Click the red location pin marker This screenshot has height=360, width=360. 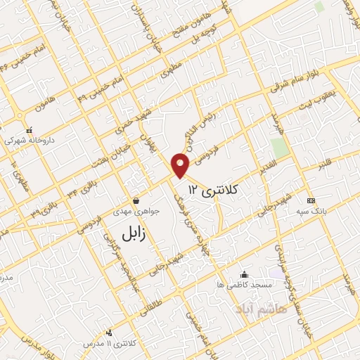tap(181, 165)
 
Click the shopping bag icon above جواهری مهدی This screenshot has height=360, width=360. tap(136, 200)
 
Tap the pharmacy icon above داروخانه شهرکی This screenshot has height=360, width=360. tap(29, 130)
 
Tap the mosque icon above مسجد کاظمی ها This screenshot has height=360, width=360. tap(244, 274)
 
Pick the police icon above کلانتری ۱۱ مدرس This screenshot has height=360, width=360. tap(109, 333)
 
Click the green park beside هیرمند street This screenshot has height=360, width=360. tap(280, 148)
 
